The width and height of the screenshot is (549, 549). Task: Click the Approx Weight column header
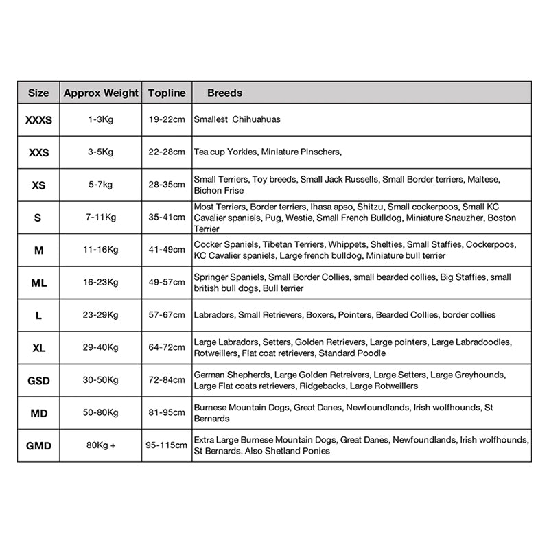101,93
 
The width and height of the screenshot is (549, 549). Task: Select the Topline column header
167,93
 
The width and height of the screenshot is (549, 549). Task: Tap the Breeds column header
224,93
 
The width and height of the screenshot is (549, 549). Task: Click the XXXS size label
38,120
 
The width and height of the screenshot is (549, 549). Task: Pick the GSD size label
38,381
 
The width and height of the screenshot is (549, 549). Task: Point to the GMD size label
38,446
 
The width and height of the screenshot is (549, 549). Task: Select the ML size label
38,283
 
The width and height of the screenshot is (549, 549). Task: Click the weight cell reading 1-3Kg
101,119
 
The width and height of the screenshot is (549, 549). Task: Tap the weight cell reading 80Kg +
101,445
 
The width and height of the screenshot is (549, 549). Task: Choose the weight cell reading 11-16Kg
101,250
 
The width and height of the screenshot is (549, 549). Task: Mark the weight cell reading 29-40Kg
101,348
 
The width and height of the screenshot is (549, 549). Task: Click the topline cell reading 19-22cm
167,119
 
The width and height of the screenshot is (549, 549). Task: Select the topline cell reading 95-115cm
167,445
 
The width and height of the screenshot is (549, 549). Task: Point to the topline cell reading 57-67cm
167,315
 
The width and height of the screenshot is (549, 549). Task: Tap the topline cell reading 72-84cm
167,380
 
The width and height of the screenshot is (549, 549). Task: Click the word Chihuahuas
257,119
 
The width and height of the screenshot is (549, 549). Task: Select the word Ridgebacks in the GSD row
321,386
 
